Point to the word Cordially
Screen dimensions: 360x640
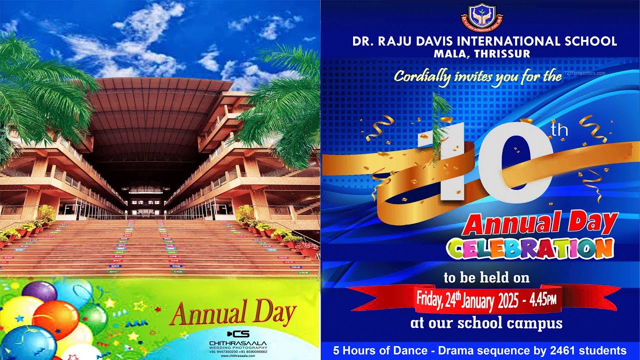point(421,77)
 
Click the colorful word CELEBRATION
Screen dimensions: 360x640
point(530,249)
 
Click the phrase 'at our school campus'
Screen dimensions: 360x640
point(486,323)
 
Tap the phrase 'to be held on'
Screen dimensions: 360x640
point(486,277)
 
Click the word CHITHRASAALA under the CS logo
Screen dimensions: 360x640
point(237,342)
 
